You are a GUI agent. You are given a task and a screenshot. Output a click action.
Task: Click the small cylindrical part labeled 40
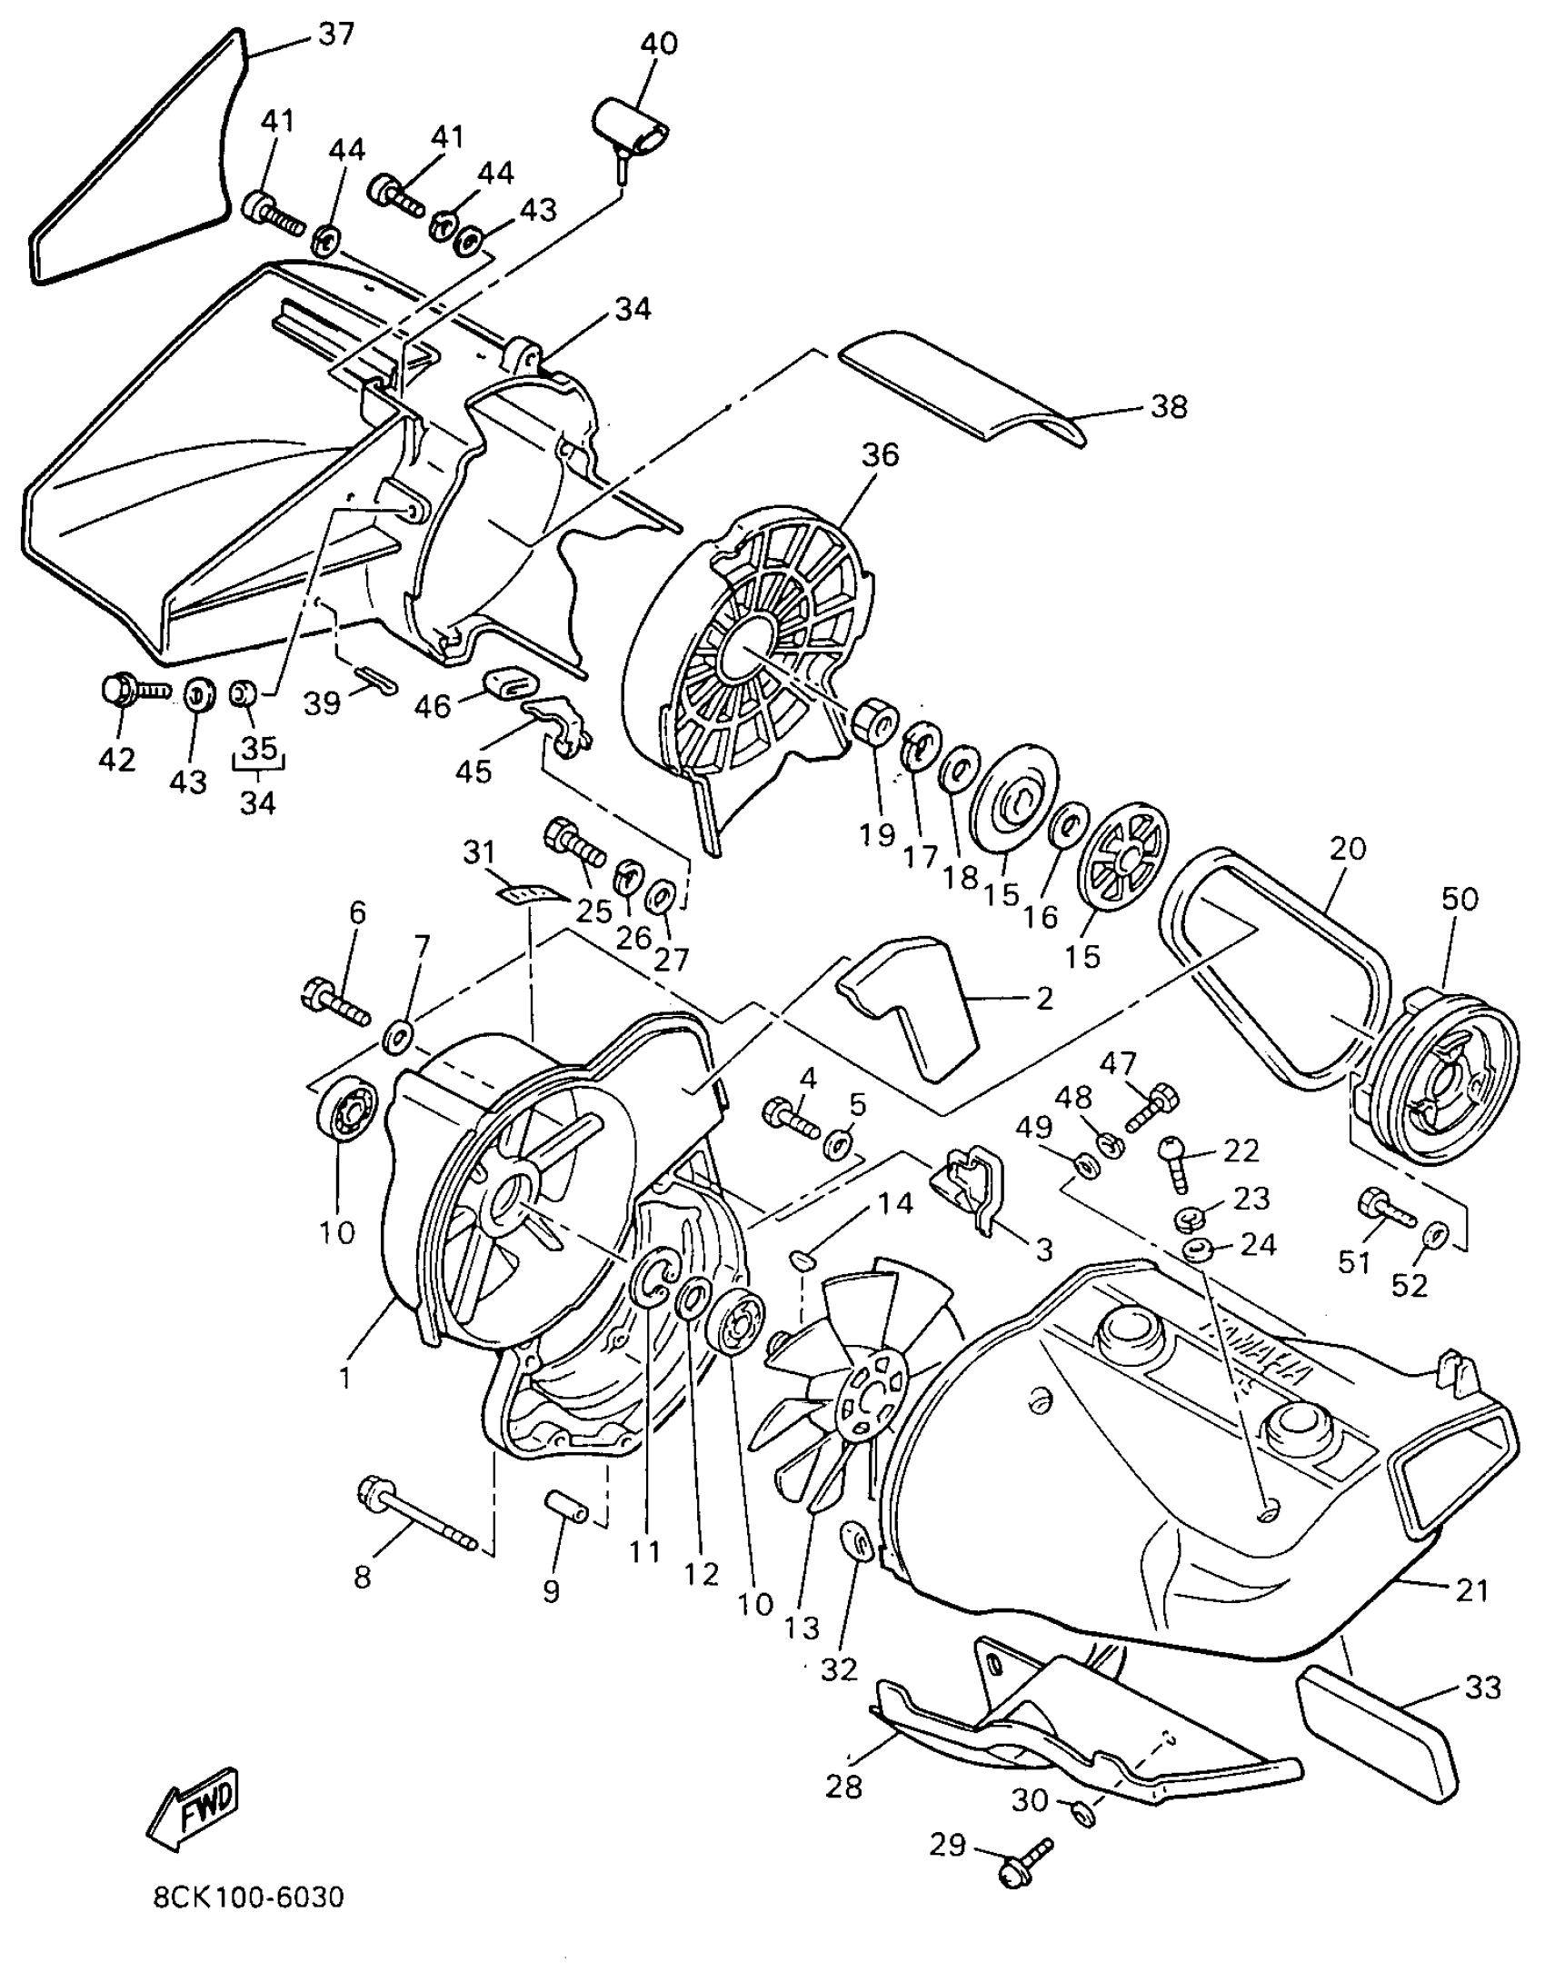633,128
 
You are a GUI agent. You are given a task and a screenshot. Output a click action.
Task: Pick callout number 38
1169,406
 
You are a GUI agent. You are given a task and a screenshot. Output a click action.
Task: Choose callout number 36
879,453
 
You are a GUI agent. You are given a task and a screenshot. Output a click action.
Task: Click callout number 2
1043,999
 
